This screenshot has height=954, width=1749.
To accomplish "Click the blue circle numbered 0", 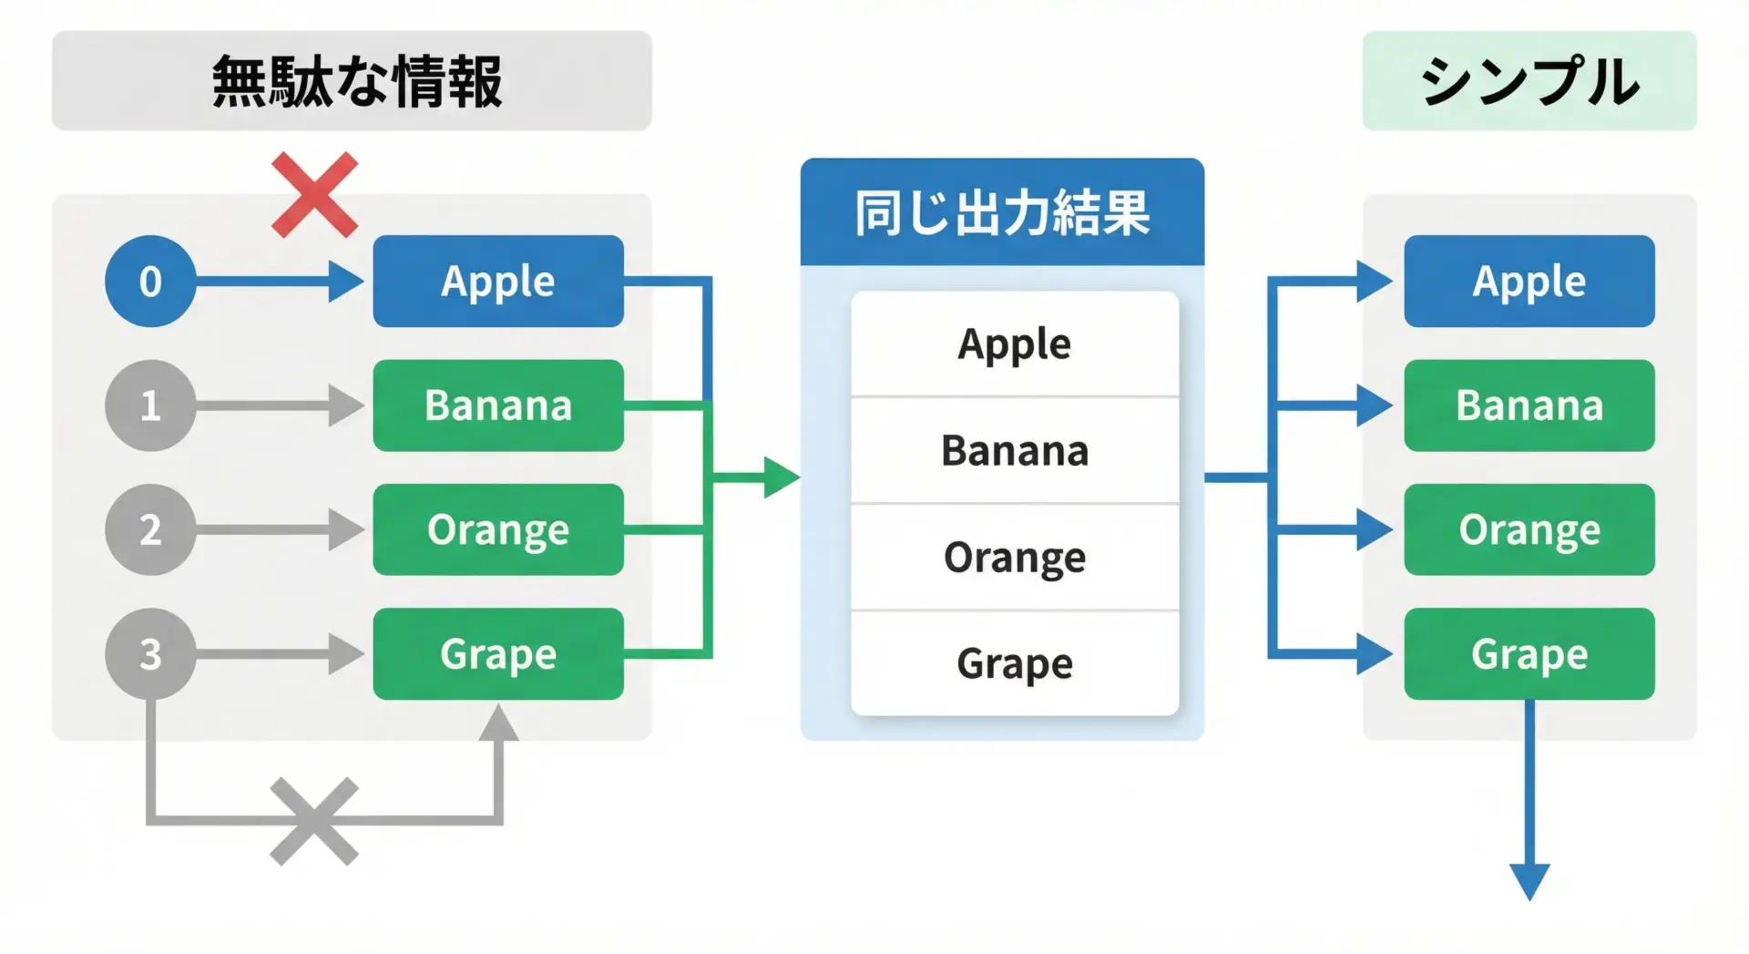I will (150, 281).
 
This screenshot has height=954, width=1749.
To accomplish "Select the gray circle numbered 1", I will (150, 405).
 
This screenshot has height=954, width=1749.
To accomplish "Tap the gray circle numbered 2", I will (150, 529).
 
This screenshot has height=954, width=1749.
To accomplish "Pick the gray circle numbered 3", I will (150, 654).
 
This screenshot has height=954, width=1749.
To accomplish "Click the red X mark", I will (314, 195).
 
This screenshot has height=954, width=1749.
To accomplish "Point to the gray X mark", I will (314, 821).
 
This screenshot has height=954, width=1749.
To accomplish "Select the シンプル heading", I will (1529, 81).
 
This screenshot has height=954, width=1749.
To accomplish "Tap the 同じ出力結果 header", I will (1002, 212).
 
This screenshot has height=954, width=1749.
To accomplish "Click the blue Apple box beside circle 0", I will (498, 281).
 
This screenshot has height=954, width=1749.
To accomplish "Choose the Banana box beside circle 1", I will (498, 405).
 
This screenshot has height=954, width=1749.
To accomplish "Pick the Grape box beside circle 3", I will (498, 654).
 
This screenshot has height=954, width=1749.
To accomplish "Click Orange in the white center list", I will (1015, 557).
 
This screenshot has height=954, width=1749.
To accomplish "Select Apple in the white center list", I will (1015, 344).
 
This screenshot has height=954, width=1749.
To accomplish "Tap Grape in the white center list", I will (1015, 663).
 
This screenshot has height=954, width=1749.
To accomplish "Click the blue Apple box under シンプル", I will (1529, 281).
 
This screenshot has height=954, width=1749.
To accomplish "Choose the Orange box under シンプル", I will (1529, 529).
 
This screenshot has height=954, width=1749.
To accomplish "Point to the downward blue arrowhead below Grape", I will (1529, 880).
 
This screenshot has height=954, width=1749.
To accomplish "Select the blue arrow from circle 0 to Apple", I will (273, 281).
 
